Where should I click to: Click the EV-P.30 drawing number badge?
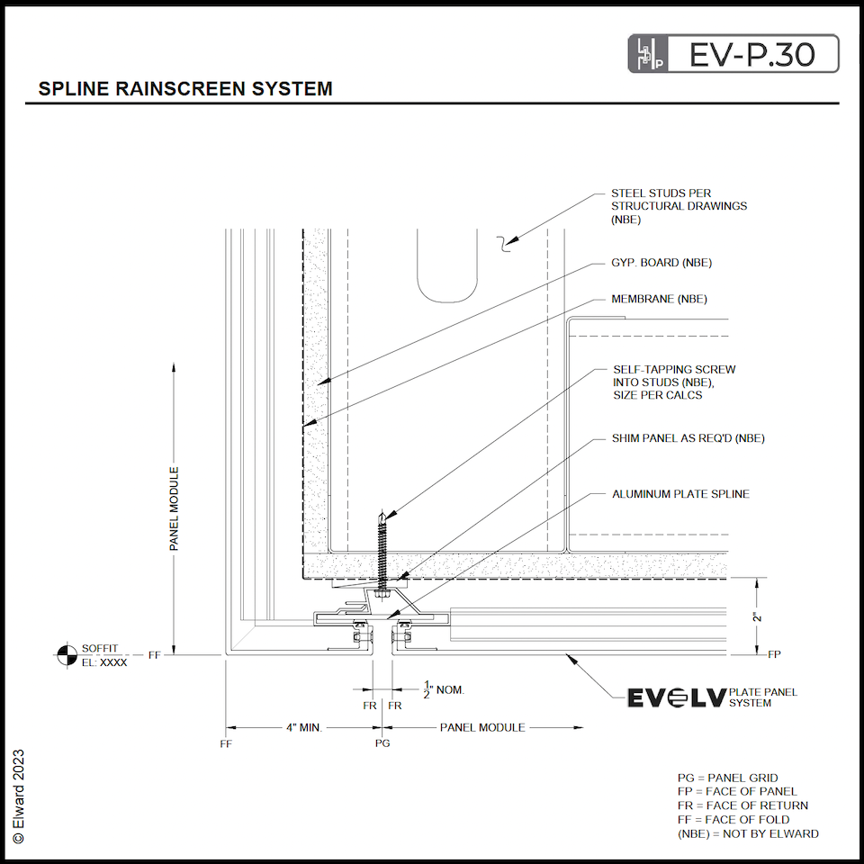tap(733, 54)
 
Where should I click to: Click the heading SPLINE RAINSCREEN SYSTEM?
tap(185, 89)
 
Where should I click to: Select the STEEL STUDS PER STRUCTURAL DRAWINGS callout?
tap(679, 205)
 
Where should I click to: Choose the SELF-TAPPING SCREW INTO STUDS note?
tap(674, 382)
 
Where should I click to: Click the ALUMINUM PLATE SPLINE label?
tap(680, 494)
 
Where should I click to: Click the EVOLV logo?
tap(676, 697)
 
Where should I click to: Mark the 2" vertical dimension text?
tap(759, 616)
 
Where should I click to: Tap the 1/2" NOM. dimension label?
tap(445, 690)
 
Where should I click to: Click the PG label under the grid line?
tap(382, 744)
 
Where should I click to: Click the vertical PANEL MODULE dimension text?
tap(175, 508)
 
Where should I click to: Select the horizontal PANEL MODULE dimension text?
tap(481, 726)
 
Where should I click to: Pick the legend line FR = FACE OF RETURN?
tap(742, 805)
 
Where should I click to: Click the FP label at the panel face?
tap(774, 654)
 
